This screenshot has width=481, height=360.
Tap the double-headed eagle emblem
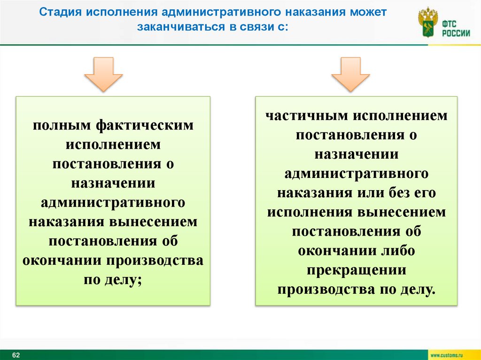[427, 22]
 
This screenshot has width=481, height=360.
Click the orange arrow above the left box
[103, 74]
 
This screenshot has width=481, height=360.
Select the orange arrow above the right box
[350, 74]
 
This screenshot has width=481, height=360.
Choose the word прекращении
[356, 270]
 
